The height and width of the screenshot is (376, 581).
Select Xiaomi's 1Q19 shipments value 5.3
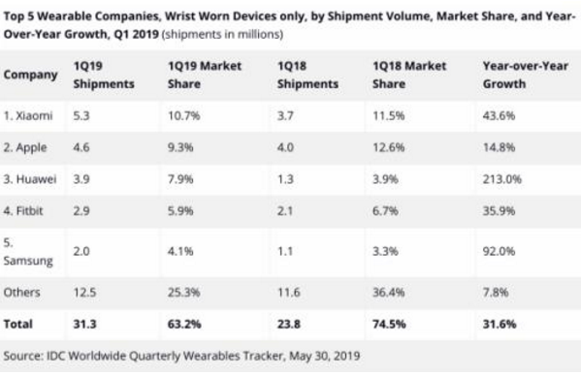tap(81, 115)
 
